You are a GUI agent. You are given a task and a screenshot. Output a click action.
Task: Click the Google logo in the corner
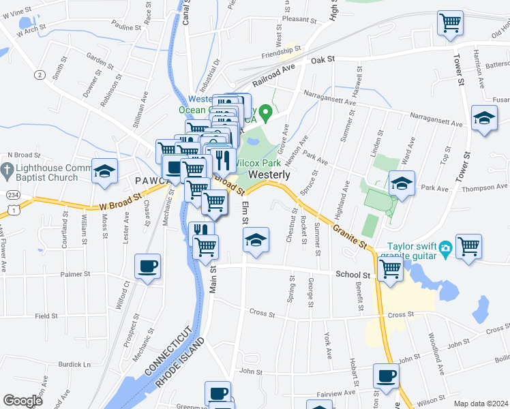point(22,401)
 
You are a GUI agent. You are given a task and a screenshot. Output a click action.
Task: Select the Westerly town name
point(270,175)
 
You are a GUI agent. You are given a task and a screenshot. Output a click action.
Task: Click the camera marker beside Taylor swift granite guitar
point(445,247)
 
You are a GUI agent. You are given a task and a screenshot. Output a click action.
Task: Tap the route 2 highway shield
point(40,74)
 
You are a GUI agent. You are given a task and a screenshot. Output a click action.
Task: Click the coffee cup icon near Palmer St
point(147,265)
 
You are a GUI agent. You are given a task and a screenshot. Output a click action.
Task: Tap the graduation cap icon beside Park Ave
point(402,183)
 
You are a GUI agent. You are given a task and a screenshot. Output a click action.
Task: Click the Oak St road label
point(322,60)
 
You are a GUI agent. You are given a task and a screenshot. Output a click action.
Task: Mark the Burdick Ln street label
point(74,365)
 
